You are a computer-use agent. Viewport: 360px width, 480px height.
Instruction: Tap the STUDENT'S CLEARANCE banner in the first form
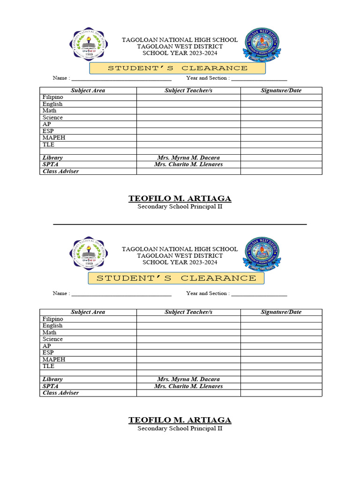click(x=178, y=68)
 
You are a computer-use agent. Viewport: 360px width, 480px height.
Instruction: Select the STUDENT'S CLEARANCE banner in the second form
click(x=176, y=278)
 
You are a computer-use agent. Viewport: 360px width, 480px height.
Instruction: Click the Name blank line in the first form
click(x=121, y=79)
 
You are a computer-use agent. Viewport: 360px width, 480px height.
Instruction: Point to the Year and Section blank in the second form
click(x=259, y=294)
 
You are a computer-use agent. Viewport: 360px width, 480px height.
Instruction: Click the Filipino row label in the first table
click(x=52, y=97)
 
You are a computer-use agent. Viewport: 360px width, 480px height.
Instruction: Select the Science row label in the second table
click(x=52, y=339)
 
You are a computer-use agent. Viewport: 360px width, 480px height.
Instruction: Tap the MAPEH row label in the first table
click(x=54, y=138)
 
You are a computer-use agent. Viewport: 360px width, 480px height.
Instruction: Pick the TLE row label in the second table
click(x=48, y=366)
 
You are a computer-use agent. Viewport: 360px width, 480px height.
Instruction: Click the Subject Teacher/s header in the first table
click(x=188, y=90)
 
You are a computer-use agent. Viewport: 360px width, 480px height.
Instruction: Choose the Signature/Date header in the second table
click(x=281, y=312)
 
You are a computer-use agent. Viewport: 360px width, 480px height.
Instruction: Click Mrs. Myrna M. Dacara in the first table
click(x=188, y=158)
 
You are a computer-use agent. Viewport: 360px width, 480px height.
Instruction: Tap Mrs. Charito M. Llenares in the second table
click(x=188, y=386)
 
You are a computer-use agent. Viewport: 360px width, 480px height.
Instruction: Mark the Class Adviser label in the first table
click(x=60, y=172)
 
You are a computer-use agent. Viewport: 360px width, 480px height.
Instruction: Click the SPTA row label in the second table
click(x=50, y=386)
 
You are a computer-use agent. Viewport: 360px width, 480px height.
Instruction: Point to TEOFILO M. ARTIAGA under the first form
click(x=180, y=199)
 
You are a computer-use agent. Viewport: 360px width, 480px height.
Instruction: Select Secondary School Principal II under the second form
click(x=180, y=428)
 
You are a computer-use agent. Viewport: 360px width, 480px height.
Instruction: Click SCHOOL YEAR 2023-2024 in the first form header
click(x=180, y=53)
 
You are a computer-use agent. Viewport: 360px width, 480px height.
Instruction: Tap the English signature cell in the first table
click(x=281, y=104)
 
